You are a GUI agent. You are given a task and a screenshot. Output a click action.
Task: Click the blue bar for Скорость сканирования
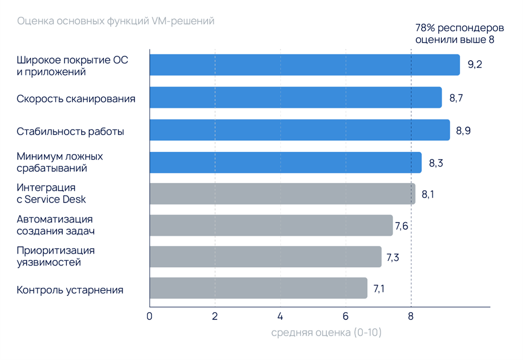(295, 97)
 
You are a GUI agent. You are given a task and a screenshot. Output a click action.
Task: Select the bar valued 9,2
(304, 65)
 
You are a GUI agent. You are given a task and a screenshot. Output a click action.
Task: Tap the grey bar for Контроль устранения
(258, 288)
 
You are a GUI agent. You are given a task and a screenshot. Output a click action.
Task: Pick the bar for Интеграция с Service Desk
(282, 194)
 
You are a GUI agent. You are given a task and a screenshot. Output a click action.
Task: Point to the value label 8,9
(463, 131)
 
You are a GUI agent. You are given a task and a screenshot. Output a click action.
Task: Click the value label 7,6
(402, 226)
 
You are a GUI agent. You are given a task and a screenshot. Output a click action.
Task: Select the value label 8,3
(436, 164)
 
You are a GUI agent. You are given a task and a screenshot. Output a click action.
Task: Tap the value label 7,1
(379, 288)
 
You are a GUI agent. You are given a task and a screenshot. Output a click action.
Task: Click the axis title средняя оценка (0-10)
(327, 333)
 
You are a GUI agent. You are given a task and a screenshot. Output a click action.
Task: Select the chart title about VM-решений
(116, 21)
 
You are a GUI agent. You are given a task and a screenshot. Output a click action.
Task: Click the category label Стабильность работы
(70, 132)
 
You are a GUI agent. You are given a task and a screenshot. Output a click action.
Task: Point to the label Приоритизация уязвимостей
(56, 256)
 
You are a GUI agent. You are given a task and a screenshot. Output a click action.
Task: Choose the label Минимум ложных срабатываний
(60, 162)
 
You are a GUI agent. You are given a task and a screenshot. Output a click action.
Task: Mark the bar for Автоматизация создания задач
(271, 225)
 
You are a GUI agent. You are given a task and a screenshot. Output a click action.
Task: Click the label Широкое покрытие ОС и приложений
(72, 66)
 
